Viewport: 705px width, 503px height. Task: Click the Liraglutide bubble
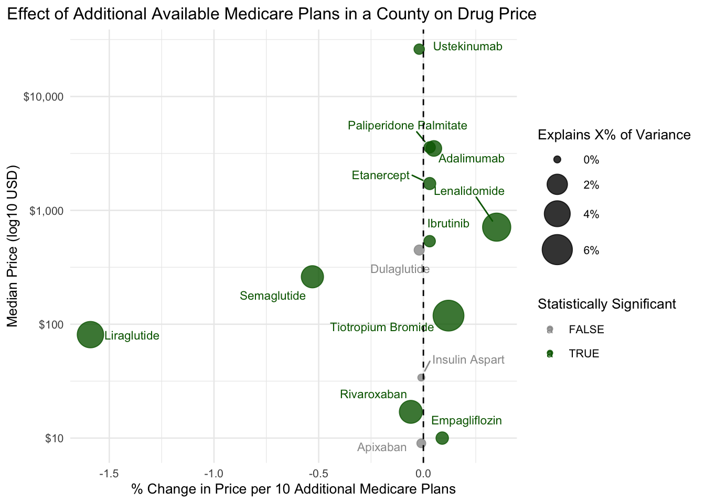90,334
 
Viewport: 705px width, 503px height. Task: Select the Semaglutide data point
312,277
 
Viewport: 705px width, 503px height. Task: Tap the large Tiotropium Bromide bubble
448,315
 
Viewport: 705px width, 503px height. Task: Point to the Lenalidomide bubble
496,227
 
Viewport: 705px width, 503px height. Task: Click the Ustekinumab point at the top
419,49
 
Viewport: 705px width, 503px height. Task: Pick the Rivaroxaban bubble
411,412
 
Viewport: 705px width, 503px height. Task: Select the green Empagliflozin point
442,438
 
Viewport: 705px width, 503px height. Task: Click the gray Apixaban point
421,443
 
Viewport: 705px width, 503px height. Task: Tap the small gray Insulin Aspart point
421,377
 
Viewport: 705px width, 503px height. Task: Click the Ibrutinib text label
448,224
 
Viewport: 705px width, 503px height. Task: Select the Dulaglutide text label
400,269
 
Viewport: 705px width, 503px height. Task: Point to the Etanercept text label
380,176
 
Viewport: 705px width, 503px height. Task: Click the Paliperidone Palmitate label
407,126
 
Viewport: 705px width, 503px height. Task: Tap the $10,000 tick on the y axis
44,97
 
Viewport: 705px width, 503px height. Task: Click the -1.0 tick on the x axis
213,474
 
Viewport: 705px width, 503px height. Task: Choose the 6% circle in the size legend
557,250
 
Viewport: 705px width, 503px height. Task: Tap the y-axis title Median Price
12,287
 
